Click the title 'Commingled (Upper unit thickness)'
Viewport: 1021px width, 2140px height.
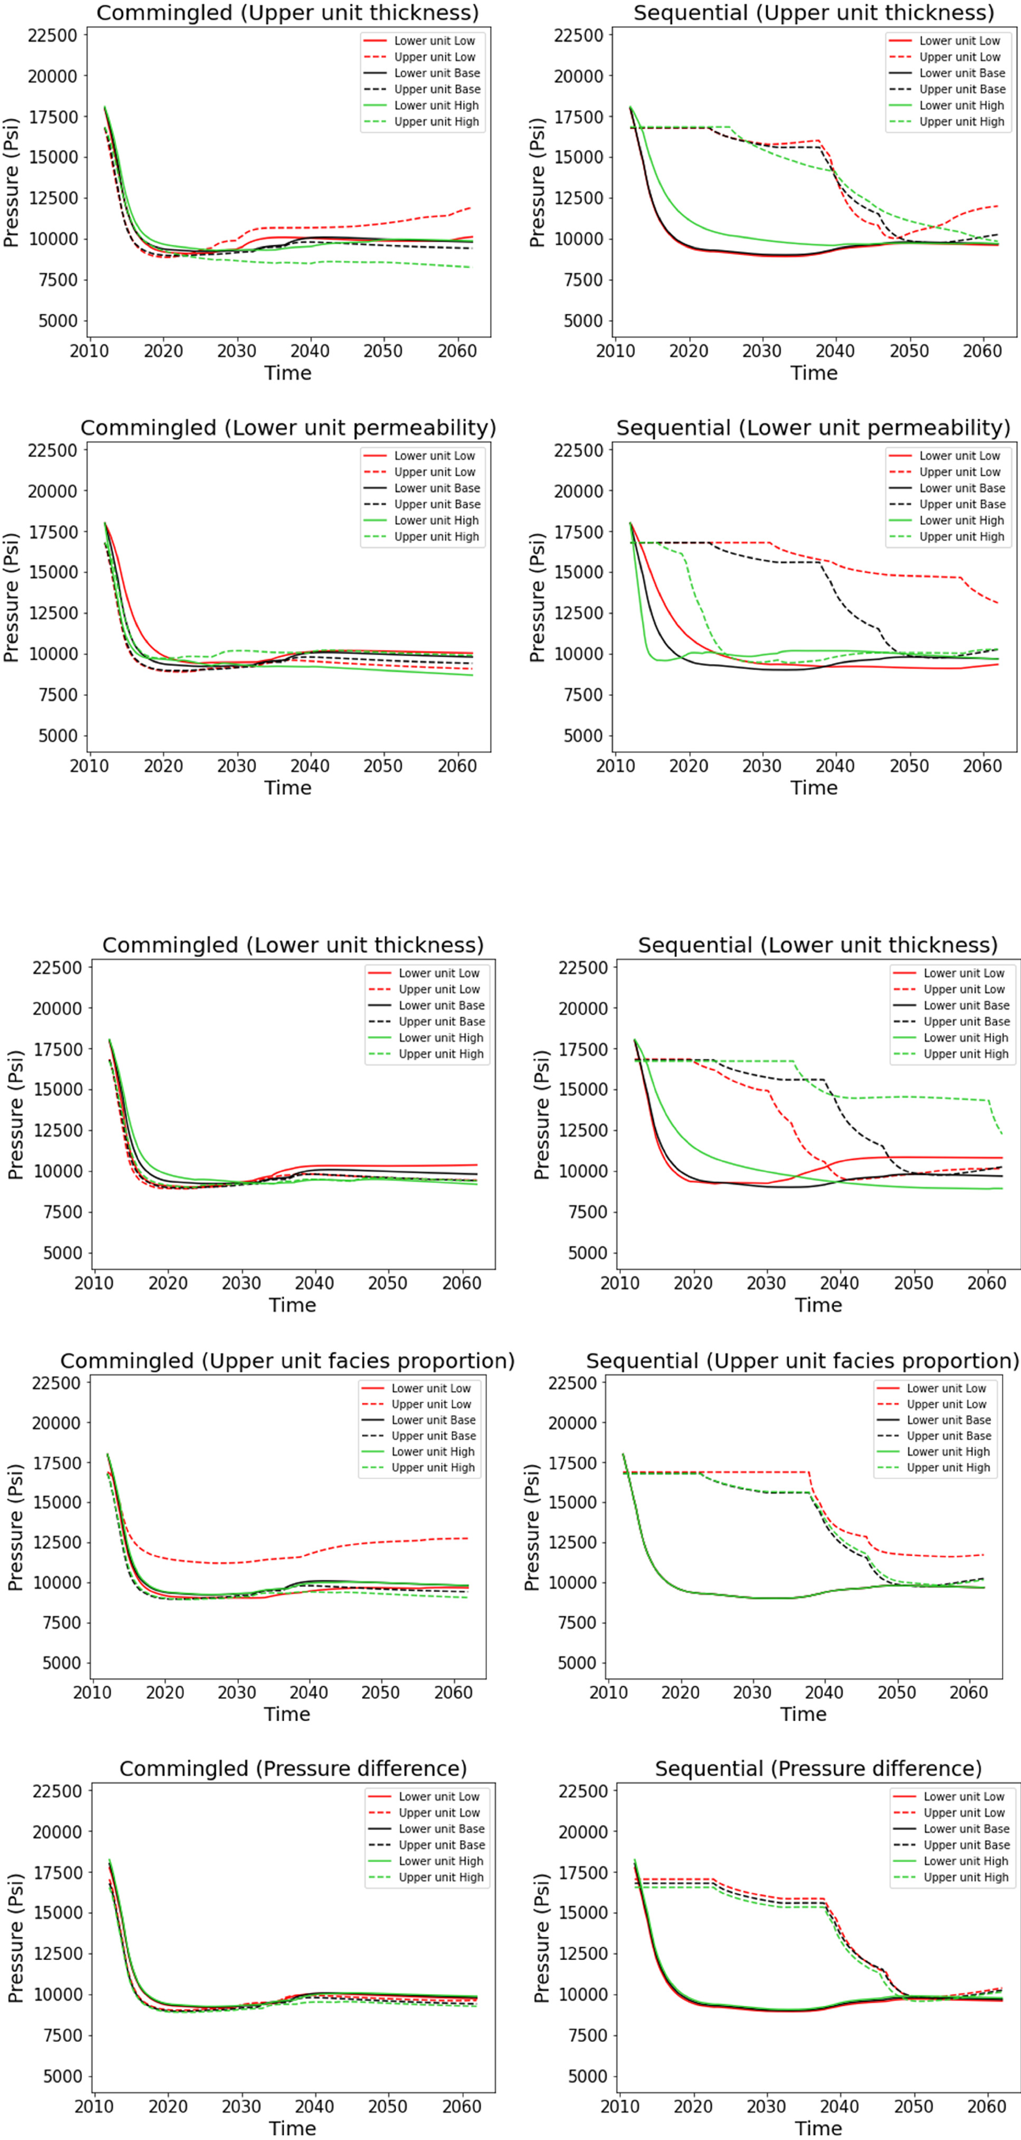(x=288, y=13)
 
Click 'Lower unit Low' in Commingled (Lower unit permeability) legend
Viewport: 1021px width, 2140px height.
(x=435, y=456)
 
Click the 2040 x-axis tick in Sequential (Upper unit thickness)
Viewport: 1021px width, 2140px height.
(x=835, y=351)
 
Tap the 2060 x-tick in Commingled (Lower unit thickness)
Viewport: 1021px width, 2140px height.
(x=462, y=1284)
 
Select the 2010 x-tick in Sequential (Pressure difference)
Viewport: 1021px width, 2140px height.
(x=620, y=2107)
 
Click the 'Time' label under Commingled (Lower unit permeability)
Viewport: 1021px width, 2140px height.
(x=288, y=788)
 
